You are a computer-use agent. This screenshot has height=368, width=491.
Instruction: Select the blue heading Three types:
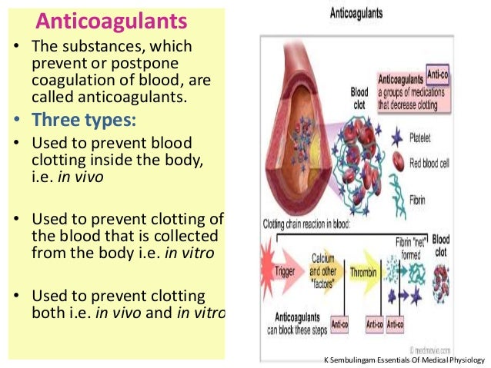pos(85,120)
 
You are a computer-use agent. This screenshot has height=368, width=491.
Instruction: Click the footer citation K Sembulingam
pos(403,360)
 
